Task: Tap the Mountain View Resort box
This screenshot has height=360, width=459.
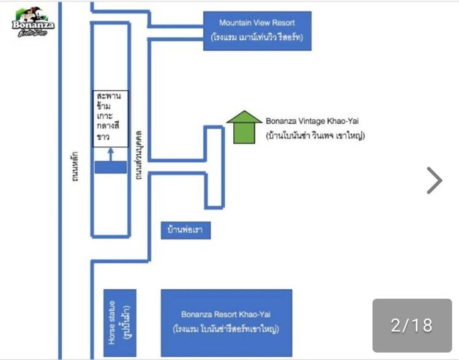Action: pos(257,31)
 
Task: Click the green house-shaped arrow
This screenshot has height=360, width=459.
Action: pos(244,126)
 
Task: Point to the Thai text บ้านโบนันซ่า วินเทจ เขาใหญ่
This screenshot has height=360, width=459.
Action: pos(315,136)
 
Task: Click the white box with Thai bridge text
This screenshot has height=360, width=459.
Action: pos(110,119)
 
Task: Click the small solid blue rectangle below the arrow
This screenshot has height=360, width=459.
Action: pos(110,167)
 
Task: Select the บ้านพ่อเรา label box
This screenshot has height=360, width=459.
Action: pos(185,231)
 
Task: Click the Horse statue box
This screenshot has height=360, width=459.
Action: pos(119,323)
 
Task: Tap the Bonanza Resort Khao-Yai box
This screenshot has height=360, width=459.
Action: pos(226,322)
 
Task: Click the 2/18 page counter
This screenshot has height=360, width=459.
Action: pos(412,324)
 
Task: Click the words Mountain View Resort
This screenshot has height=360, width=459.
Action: pos(257,23)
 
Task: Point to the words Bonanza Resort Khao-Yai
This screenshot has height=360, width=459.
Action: pos(226,315)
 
